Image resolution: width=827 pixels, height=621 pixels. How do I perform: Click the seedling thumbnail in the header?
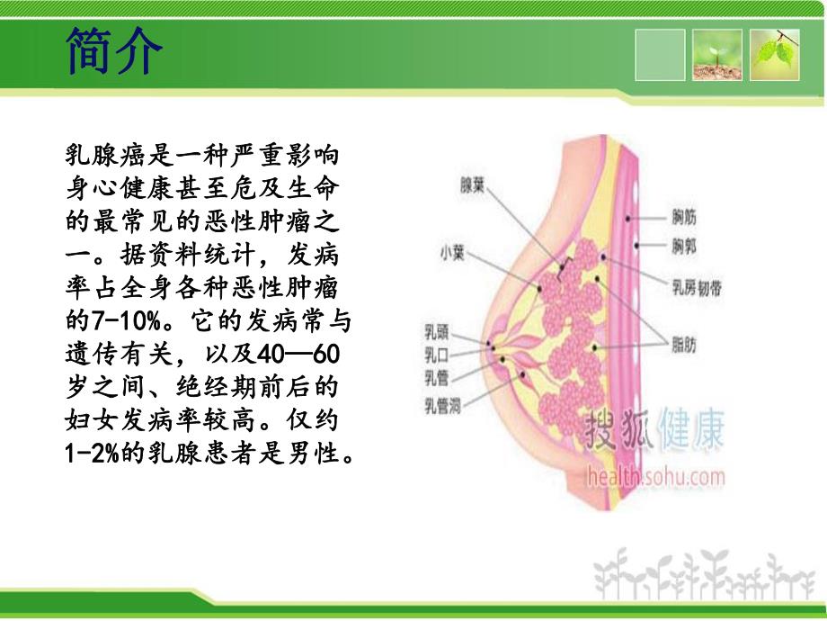point(716,54)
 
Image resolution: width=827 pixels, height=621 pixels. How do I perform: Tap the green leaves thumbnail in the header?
point(775,54)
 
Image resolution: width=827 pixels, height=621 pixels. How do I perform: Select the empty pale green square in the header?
point(660,54)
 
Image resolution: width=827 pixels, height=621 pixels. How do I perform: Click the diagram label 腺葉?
point(473,187)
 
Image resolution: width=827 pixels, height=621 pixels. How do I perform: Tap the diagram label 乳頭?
point(437,330)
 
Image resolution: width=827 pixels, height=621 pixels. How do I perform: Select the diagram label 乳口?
point(437,353)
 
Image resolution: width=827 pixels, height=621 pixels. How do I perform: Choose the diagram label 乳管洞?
point(442,402)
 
